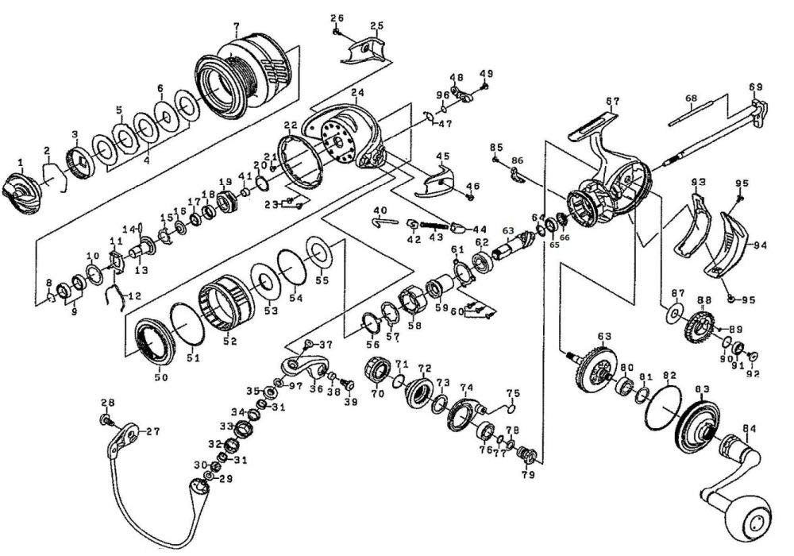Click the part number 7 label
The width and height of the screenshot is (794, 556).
[x=236, y=25]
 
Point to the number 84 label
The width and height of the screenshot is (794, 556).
[x=749, y=429]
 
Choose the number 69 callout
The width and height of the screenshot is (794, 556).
[x=756, y=87]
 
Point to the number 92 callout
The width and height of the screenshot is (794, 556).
[x=754, y=374]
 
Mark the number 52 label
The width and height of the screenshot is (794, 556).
[x=230, y=342]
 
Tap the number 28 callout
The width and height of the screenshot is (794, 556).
[x=108, y=403]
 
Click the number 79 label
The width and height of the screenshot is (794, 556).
[x=528, y=475]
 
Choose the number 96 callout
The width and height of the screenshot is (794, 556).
[x=442, y=95]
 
